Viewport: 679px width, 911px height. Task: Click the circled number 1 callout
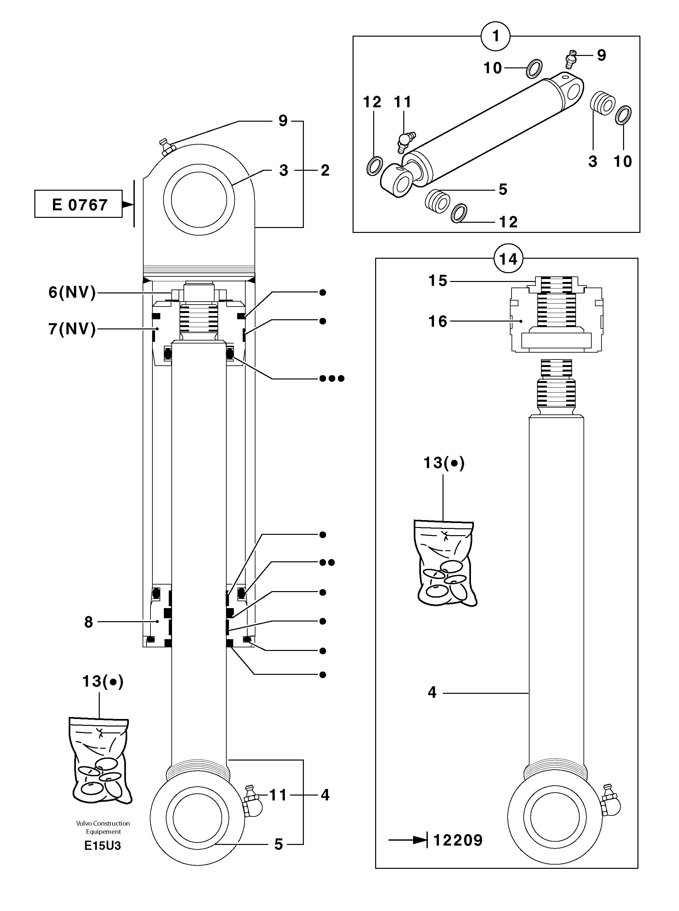pyautogui.click(x=496, y=36)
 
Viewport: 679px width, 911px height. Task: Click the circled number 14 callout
pyautogui.click(x=508, y=259)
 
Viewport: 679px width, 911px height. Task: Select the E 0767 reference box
pyautogui.click(x=78, y=204)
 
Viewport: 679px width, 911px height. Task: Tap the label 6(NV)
pyautogui.click(x=72, y=292)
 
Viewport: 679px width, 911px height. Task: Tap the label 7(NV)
pyautogui.click(x=72, y=329)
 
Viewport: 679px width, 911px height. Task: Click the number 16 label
pyautogui.click(x=437, y=321)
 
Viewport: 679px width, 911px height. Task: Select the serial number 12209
pyautogui.click(x=458, y=840)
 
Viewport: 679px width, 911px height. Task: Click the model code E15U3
pyautogui.click(x=103, y=846)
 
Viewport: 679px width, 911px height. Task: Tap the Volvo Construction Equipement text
pyautogui.click(x=103, y=827)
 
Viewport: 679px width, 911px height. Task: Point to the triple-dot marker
pyautogui.click(x=332, y=378)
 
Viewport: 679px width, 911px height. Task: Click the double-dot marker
pyautogui.click(x=327, y=562)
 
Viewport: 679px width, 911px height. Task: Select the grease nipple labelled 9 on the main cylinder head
pyautogui.click(x=166, y=147)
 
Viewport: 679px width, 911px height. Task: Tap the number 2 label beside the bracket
pyautogui.click(x=325, y=170)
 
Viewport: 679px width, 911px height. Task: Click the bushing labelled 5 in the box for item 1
pyautogui.click(x=437, y=201)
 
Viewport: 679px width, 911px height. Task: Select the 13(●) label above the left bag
pyautogui.click(x=103, y=681)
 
